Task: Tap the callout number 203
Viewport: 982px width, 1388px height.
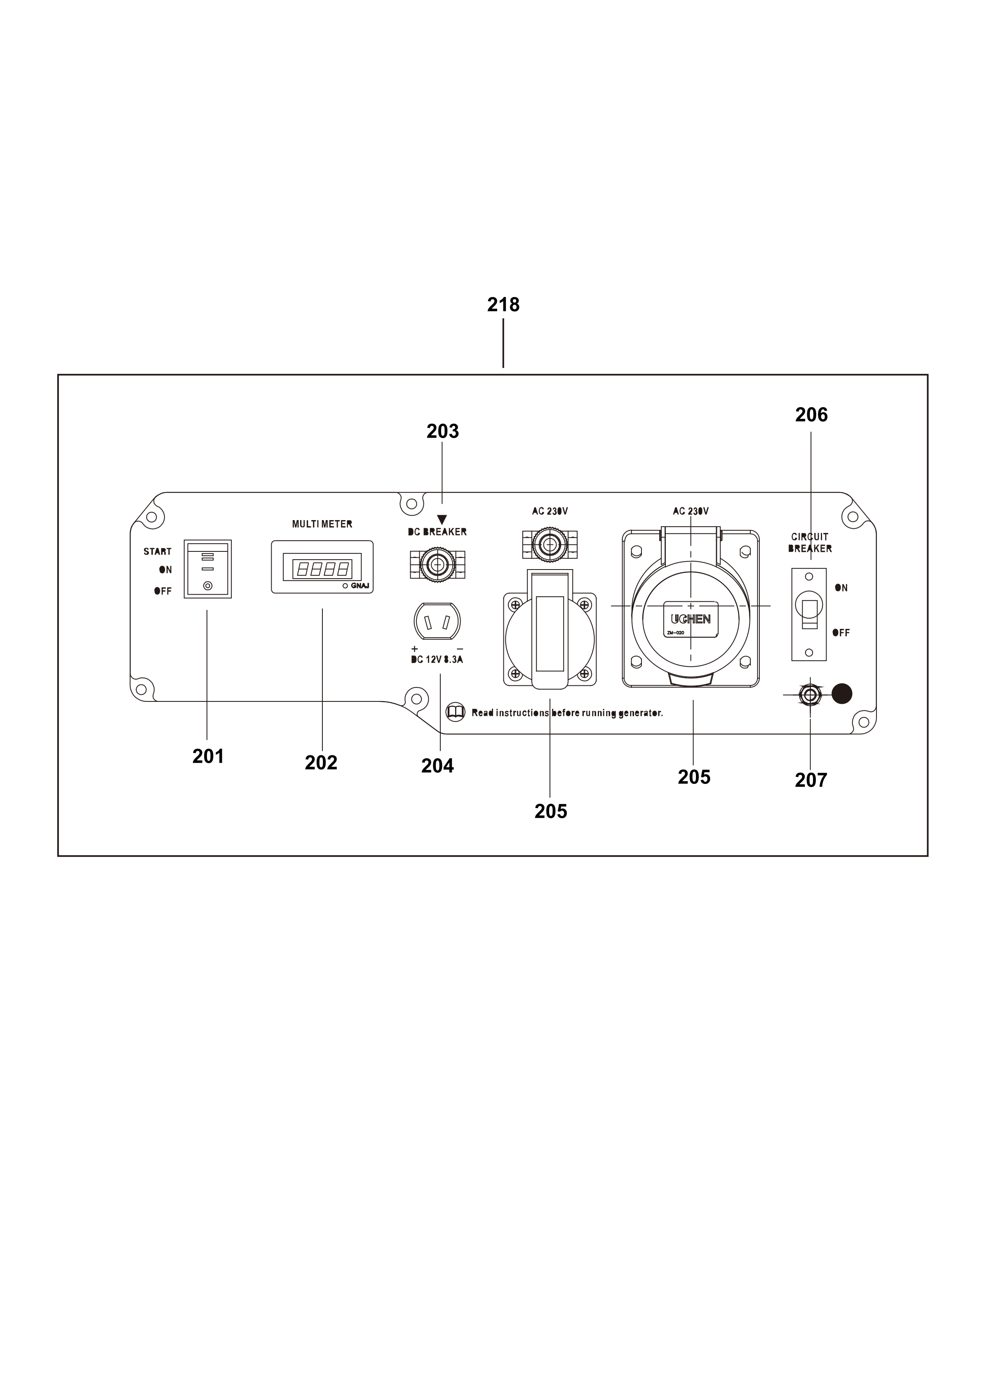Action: coord(443,431)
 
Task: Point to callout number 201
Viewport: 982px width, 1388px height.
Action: coord(208,756)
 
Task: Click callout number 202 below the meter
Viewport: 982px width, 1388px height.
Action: coord(321,763)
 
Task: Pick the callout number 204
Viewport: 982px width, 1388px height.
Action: coord(437,766)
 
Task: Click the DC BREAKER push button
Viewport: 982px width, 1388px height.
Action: coord(437,565)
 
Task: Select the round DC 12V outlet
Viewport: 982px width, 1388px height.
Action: coord(437,622)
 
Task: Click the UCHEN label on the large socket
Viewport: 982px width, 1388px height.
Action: coord(691,620)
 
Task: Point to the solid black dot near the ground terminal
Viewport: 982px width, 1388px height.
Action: coord(842,694)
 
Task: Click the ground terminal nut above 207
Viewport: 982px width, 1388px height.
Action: coord(809,695)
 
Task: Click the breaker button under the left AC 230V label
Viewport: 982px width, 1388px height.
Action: coord(549,545)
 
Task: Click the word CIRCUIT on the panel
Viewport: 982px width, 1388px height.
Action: coord(810,537)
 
